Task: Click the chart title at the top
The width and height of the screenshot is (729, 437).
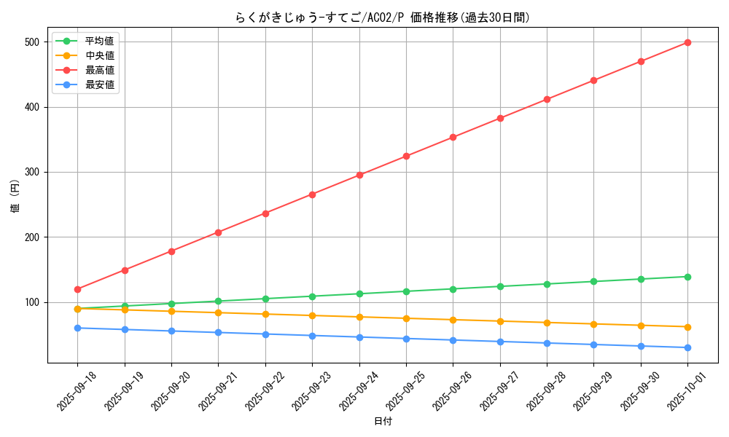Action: [382, 17]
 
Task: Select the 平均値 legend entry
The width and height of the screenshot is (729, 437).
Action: [99, 41]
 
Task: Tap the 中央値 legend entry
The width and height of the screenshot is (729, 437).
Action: [99, 55]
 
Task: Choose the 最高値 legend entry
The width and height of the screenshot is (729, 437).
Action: [99, 70]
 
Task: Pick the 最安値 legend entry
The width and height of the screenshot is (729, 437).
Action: [99, 84]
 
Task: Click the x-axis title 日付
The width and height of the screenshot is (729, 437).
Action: [382, 422]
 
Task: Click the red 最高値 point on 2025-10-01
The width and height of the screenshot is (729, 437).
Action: [687, 42]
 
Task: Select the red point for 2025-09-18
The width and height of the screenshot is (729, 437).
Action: [77, 289]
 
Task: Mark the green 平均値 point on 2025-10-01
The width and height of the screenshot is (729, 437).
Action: [687, 277]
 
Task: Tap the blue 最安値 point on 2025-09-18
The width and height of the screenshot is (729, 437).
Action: [77, 328]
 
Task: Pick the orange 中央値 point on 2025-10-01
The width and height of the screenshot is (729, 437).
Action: [687, 327]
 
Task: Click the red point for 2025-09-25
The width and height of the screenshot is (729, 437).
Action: [406, 156]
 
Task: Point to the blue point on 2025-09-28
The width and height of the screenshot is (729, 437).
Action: [547, 343]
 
